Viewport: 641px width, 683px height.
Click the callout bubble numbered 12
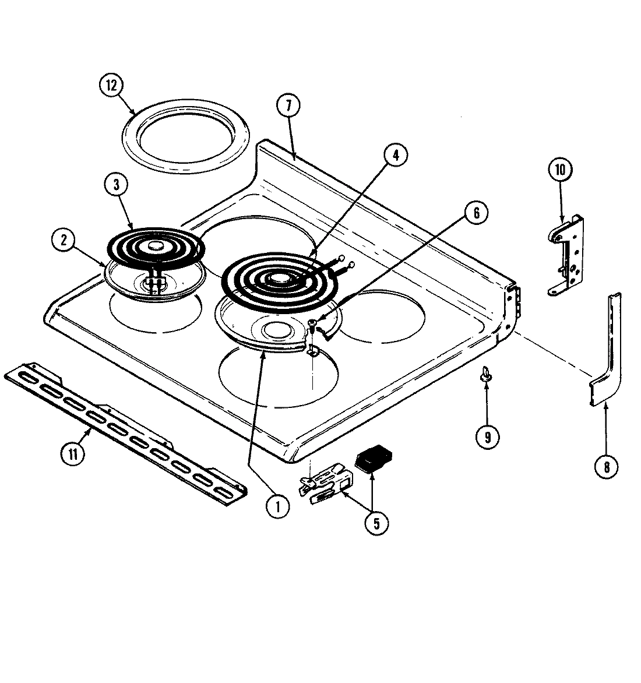click(x=111, y=86)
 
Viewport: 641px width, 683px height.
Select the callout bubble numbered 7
click(x=288, y=106)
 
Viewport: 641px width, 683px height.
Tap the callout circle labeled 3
click(x=117, y=185)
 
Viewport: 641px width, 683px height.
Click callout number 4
click(x=396, y=155)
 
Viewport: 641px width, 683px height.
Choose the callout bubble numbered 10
click(x=560, y=170)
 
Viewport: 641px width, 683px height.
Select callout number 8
click(x=606, y=466)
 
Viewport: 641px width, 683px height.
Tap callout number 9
click(x=487, y=436)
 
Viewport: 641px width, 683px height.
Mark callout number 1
click(x=278, y=506)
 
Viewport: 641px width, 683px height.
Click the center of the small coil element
click(x=154, y=248)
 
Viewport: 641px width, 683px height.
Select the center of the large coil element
click(x=280, y=281)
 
